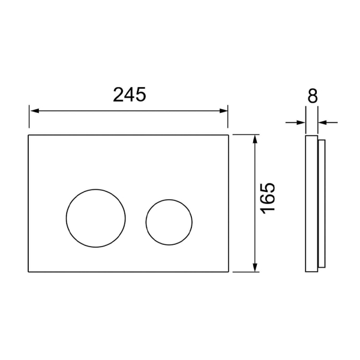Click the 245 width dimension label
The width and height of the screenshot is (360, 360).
point(130,94)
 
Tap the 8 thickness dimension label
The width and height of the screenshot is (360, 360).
point(313,95)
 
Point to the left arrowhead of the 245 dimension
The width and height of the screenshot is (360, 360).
point(34,111)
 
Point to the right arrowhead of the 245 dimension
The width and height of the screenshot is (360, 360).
point(223,111)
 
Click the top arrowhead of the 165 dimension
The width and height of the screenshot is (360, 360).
point(254,139)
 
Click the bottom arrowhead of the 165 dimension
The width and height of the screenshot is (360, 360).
point(254,267)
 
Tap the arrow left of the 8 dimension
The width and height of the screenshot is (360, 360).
point(295,122)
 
